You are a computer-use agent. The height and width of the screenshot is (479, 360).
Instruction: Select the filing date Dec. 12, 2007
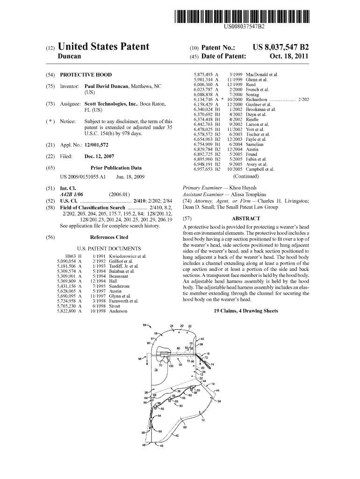tap(100, 157)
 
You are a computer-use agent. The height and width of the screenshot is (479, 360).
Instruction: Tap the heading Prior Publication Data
tap(116, 168)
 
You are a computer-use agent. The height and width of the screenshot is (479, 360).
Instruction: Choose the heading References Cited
tap(109, 237)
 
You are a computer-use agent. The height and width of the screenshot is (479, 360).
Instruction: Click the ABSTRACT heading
tap(245, 218)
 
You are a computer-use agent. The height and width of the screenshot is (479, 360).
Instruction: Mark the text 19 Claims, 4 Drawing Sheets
tap(245, 311)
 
